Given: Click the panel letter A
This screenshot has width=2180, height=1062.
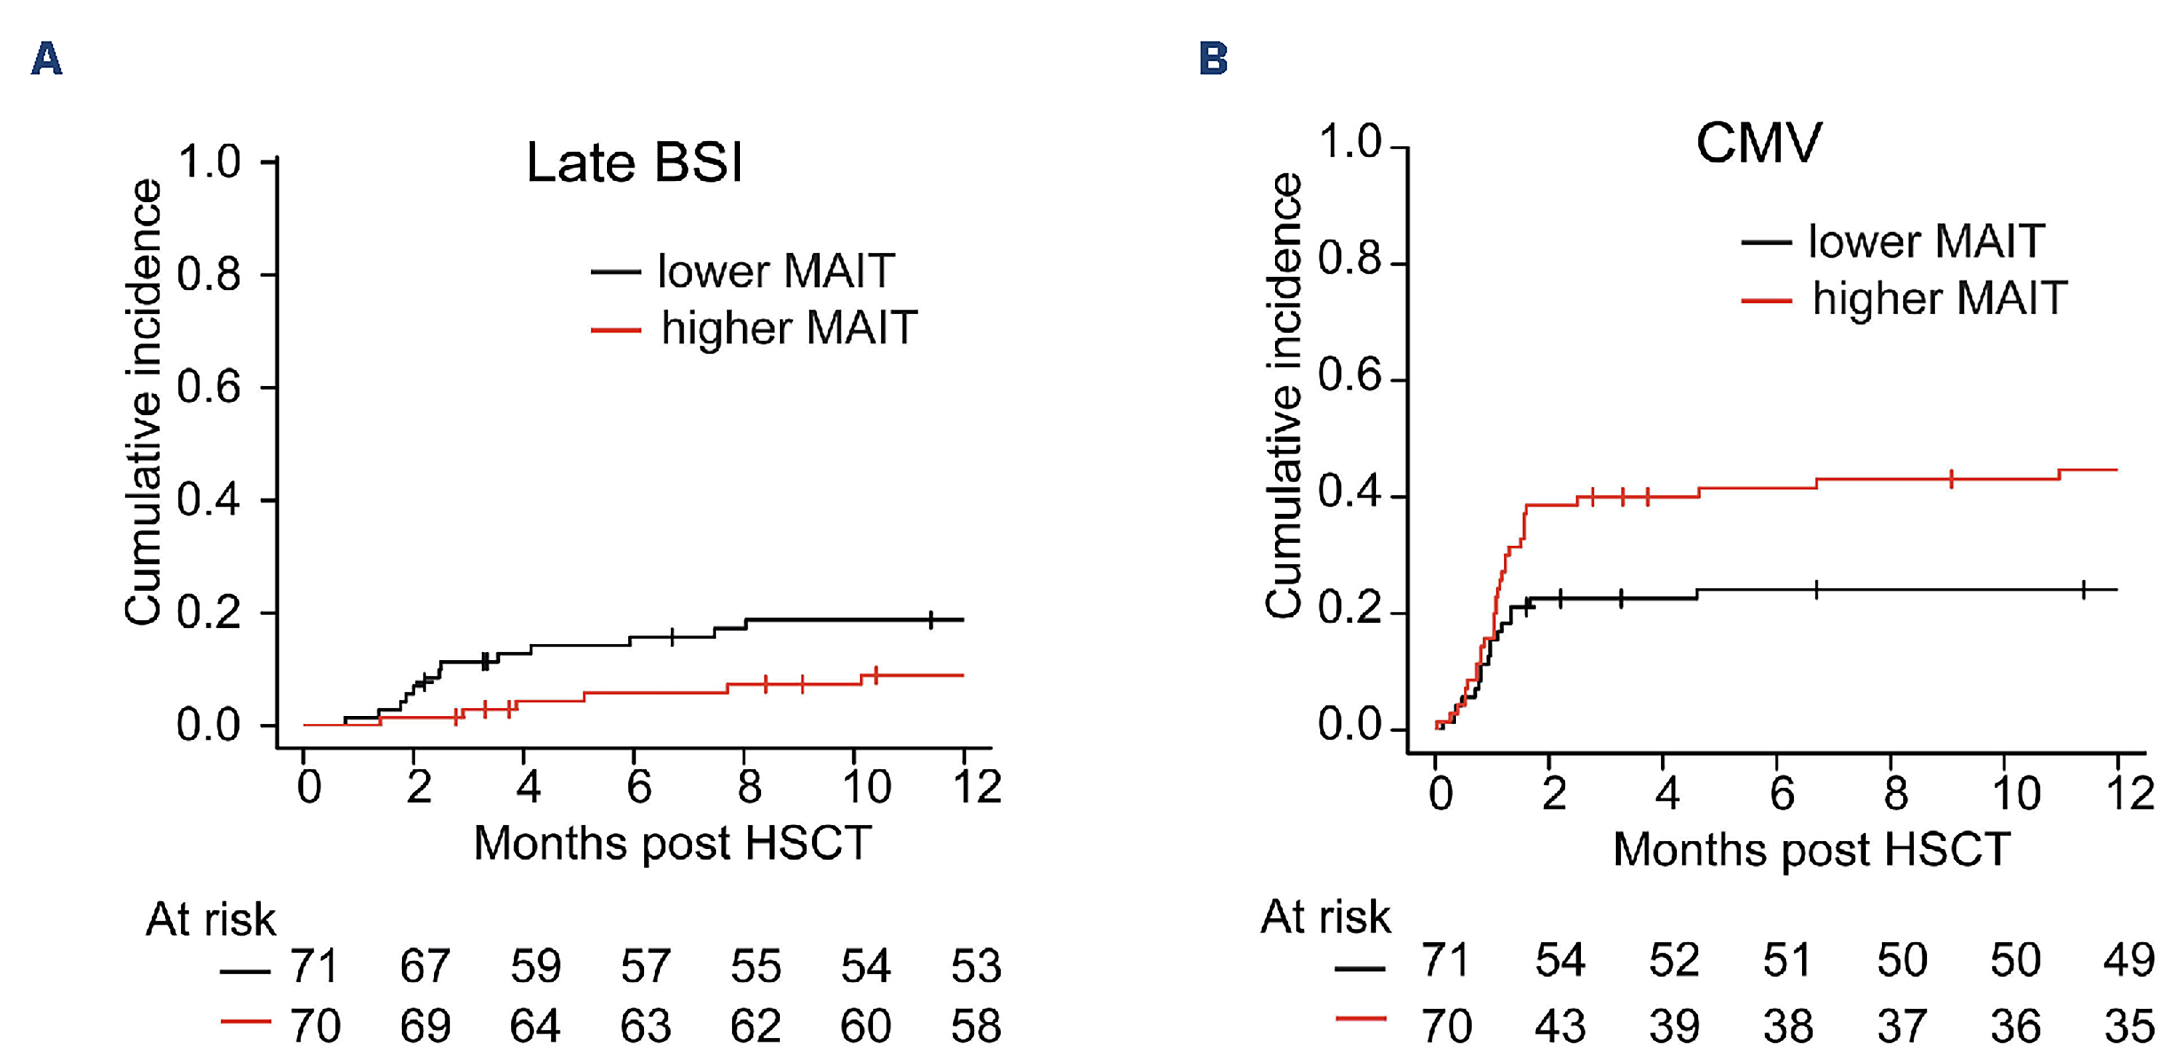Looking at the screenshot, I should (x=46, y=59).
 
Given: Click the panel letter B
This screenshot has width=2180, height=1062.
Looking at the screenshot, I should (x=1213, y=59).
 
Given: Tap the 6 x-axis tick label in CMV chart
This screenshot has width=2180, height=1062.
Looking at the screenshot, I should (x=1781, y=793).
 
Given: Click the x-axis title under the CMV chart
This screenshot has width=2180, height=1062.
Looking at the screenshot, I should (x=1811, y=849).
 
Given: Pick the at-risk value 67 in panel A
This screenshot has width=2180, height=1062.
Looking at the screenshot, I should (x=425, y=966).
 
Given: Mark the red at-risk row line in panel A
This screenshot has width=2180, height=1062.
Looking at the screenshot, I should (x=246, y=1021).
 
